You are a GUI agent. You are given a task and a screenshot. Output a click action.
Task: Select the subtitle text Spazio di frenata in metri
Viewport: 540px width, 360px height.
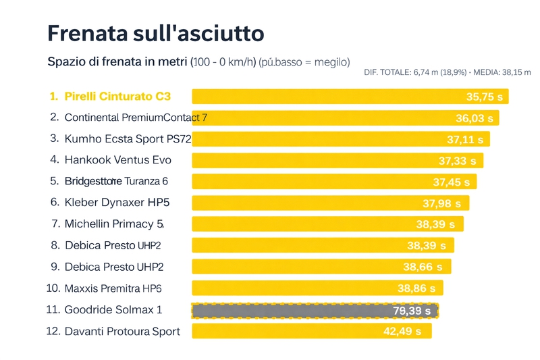[118, 62]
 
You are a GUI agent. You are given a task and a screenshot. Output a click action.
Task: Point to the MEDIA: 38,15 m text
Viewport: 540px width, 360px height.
[503, 72]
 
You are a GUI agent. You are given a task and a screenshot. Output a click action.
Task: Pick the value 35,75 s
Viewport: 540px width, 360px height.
[484, 97]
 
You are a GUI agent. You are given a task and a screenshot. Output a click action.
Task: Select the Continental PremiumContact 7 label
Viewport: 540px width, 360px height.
[135, 118]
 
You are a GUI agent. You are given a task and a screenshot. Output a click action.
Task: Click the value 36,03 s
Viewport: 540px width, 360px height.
[474, 118]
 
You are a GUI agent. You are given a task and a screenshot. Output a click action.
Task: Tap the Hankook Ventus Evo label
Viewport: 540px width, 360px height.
[117, 160]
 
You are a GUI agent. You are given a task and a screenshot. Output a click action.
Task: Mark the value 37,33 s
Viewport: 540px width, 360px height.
[457, 161]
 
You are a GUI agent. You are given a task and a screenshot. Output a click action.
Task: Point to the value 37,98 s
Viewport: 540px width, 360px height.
[441, 203]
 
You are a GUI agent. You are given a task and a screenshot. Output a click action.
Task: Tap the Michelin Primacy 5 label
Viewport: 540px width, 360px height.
[114, 224]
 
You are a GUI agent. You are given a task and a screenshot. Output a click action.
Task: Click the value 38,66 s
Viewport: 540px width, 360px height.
[423, 267]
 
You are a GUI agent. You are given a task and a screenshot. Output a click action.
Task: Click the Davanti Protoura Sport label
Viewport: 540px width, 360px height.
[122, 331]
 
